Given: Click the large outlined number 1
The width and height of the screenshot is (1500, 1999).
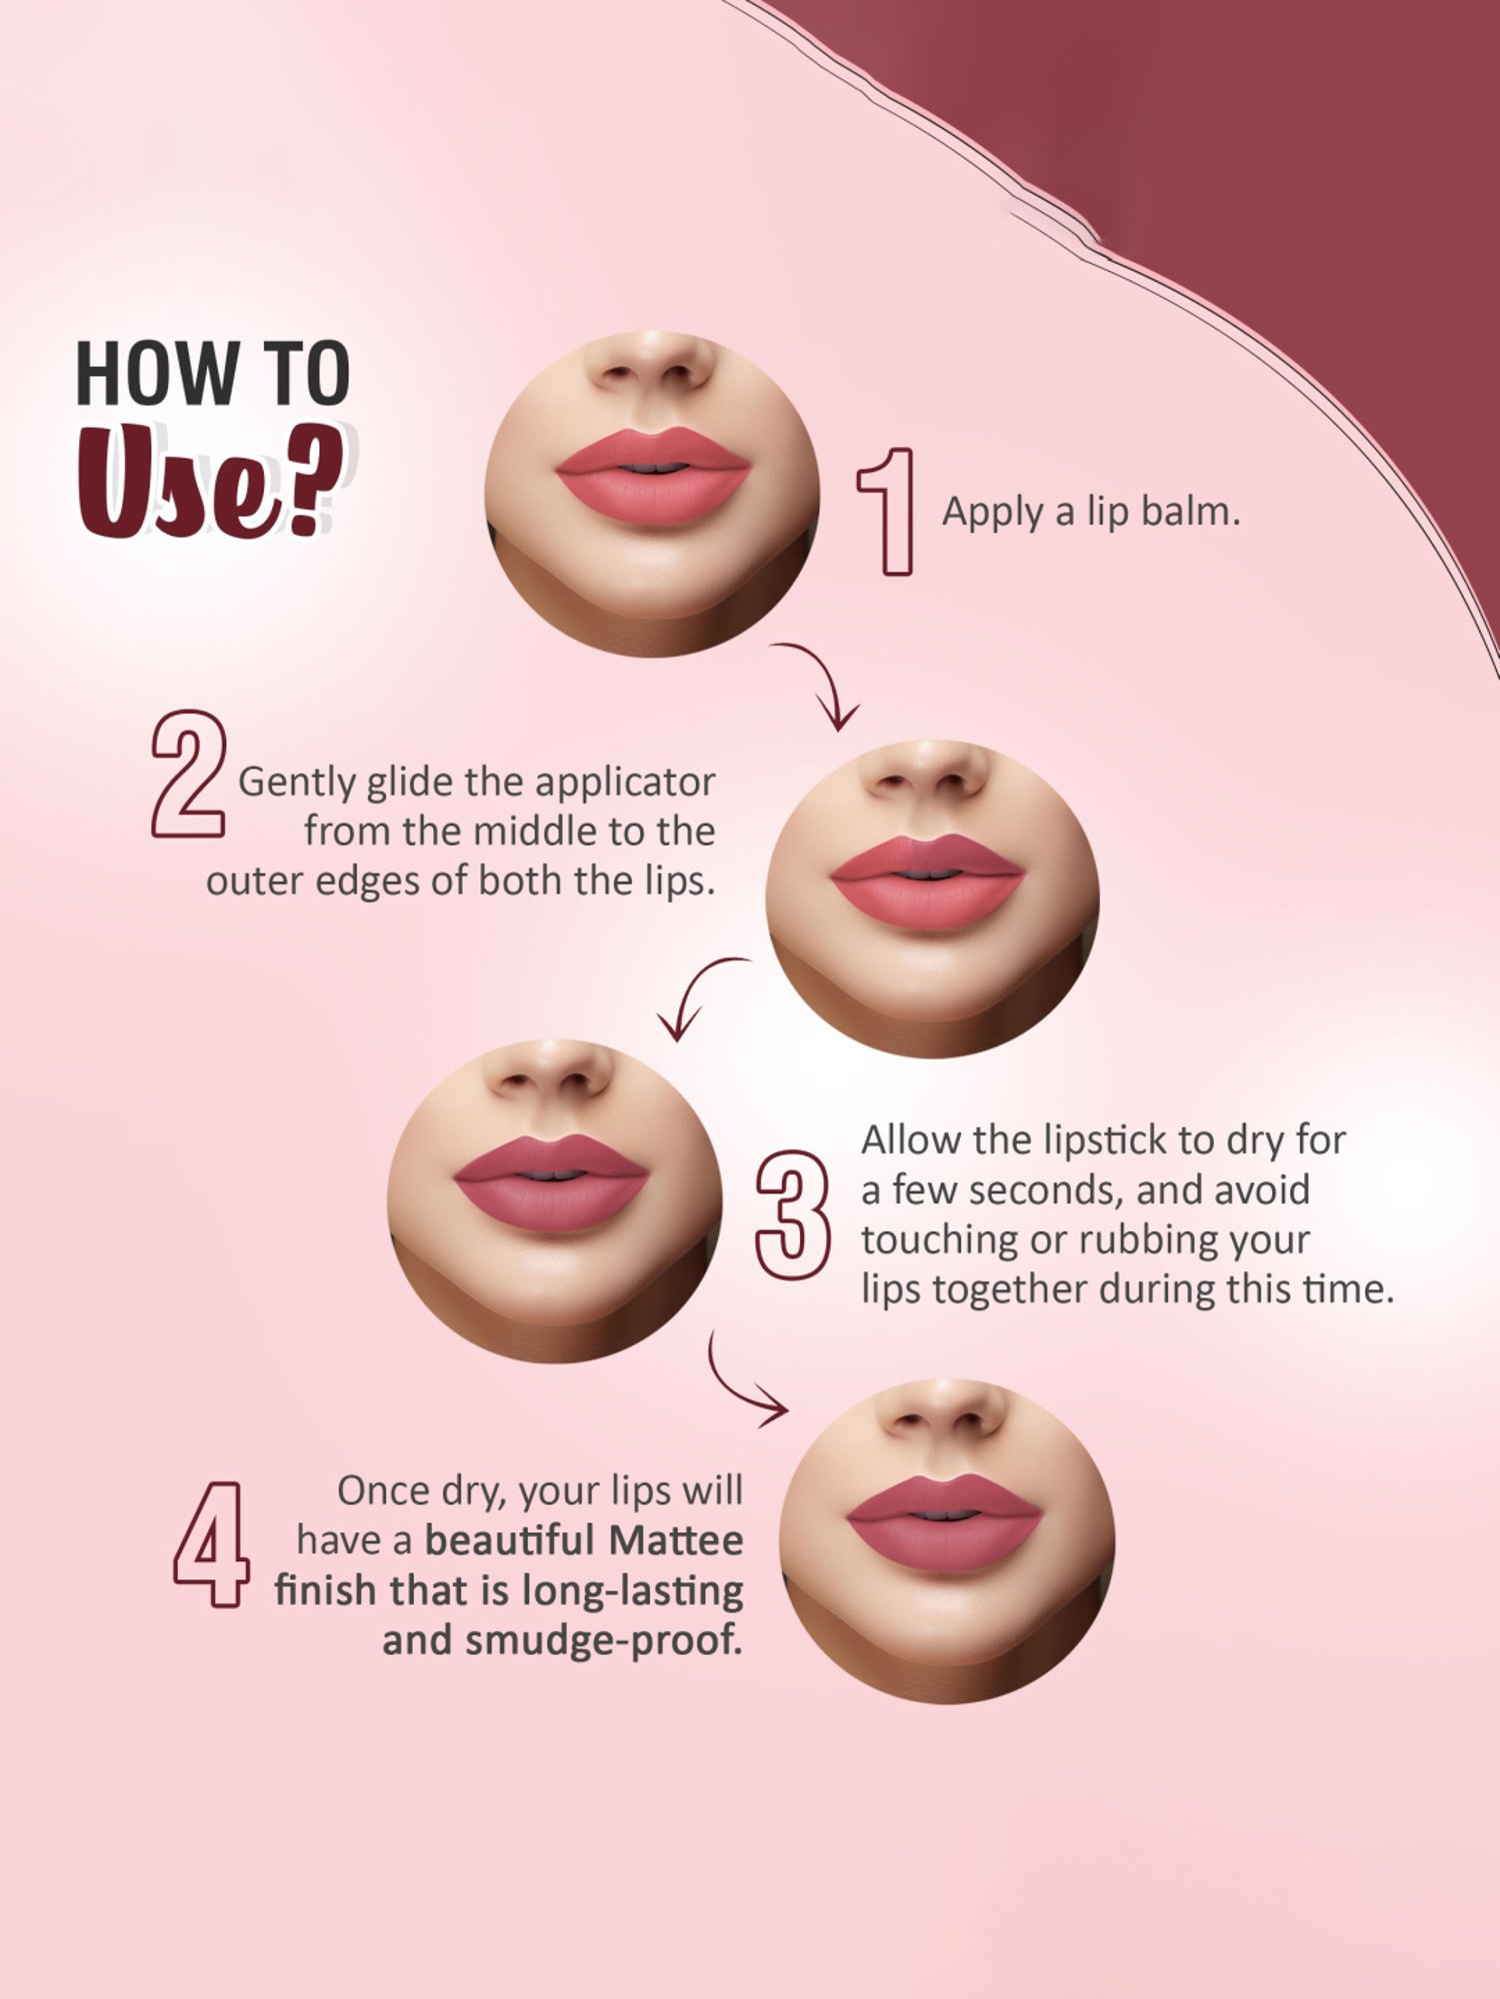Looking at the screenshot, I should pos(889,512).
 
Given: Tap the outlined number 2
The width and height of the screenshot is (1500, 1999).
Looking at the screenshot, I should pos(188,774).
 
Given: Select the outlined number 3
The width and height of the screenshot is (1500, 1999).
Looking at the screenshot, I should pos(792,1214).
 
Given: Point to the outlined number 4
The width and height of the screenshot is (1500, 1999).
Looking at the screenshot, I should pos(210,1544).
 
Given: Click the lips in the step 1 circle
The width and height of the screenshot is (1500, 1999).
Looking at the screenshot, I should pos(652,478).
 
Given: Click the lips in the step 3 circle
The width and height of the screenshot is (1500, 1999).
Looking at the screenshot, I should pos(551,1184).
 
